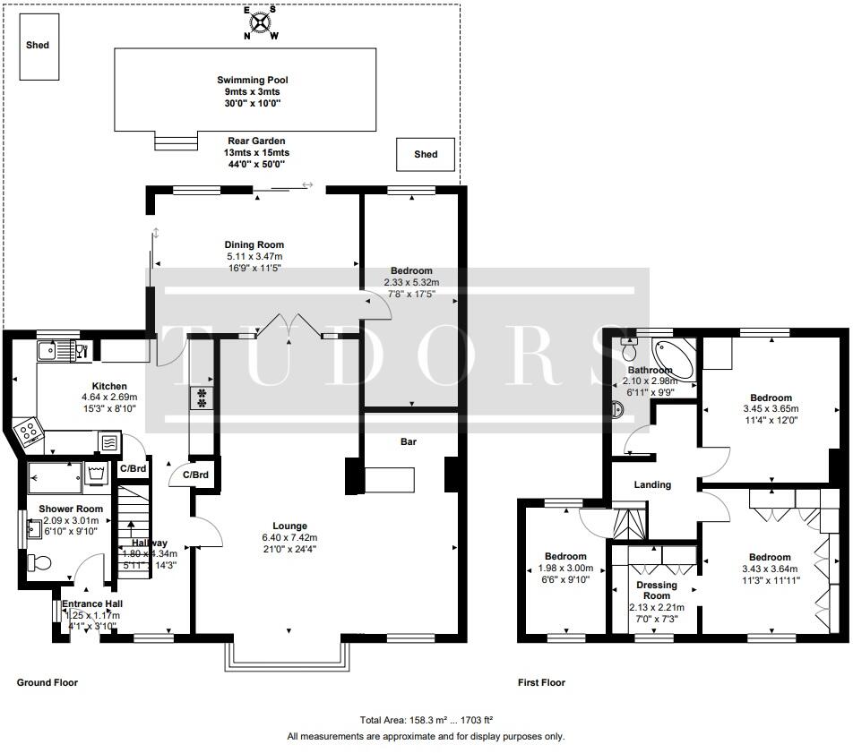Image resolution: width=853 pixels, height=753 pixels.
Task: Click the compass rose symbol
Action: click(262, 22)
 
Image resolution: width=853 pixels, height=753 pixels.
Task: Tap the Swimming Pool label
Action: click(245, 81)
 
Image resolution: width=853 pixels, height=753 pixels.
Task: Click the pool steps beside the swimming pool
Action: click(176, 141)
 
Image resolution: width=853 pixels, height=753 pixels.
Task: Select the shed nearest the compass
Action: click(38, 45)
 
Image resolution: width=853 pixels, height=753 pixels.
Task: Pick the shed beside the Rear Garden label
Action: click(426, 155)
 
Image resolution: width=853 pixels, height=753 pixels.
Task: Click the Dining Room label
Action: click(254, 244)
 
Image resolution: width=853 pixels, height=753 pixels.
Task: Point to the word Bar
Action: click(409, 441)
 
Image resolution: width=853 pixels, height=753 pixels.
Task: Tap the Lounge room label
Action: click(290, 526)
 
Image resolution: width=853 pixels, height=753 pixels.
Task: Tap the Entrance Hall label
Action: click(91, 604)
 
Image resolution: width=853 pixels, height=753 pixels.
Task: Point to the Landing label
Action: click(652, 484)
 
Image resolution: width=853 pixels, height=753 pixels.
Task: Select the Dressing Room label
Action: click(656, 591)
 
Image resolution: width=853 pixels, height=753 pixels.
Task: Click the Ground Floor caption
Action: click(47, 682)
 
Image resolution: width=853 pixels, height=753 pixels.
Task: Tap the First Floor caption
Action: click(541, 682)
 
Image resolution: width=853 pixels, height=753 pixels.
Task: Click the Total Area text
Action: click(426, 719)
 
